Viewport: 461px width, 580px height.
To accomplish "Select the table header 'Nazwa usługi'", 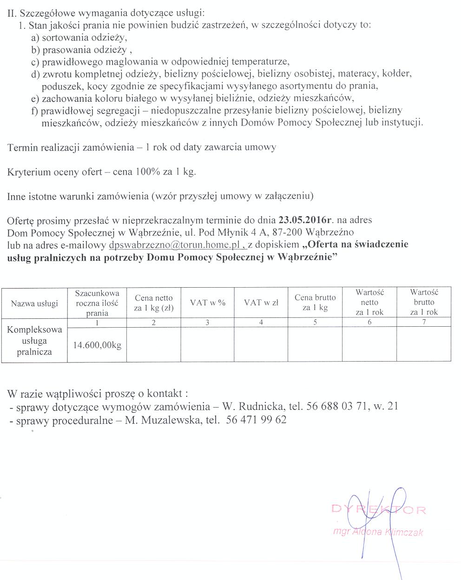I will [x=34, y=303].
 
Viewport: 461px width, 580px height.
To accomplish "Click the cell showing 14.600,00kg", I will [x=97, y=345].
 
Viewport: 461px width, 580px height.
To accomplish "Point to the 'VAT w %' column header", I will [x=207, y=303].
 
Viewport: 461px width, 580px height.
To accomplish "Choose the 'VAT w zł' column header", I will [x=261, y=303].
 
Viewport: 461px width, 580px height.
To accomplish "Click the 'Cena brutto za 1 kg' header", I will [x=315, y=303].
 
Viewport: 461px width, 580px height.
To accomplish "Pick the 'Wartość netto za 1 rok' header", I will [x=369, y=303].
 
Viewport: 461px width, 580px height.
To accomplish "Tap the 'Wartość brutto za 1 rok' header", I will [x=424, y=303].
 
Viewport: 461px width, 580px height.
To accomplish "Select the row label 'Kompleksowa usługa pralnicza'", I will [x=34, y=341].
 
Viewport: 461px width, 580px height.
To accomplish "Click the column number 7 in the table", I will [x=424, y=322].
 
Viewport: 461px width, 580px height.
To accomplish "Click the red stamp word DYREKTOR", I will [x=379, y=510].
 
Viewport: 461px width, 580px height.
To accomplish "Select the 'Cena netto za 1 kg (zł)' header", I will [x=153, y=303].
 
